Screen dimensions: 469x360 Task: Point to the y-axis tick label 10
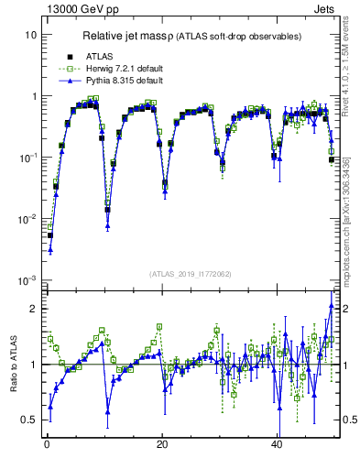pos(30,35)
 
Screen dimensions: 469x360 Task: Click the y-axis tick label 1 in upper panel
pos(33,96)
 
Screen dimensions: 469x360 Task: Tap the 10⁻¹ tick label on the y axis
pos(27,157)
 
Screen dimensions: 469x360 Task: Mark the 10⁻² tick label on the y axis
pos(27,218)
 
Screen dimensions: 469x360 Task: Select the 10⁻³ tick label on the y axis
pos(27,279)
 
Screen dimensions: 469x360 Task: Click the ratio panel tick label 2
pos(33,309)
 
